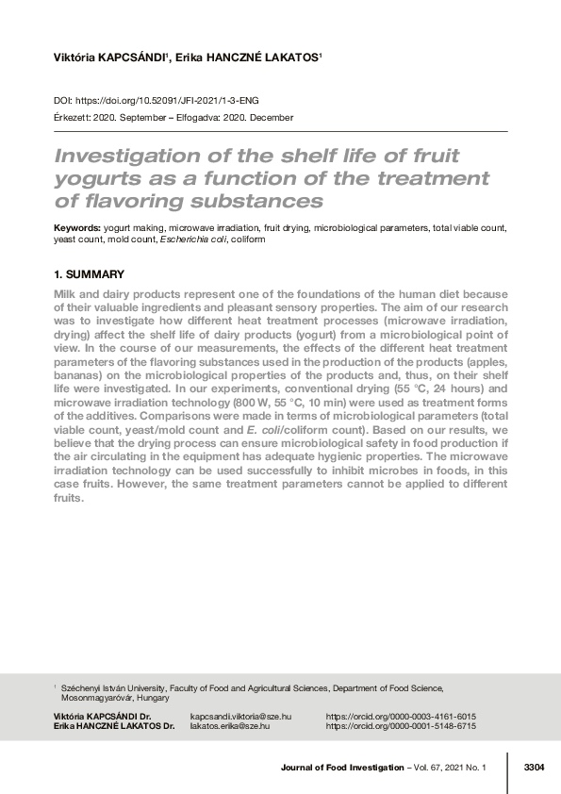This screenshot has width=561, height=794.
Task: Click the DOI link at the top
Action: pos(172,99)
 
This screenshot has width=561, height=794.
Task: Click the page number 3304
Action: pos(534,769)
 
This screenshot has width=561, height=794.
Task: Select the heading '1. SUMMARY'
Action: pos(89,274)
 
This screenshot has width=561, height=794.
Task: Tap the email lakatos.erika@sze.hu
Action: pos(229,726)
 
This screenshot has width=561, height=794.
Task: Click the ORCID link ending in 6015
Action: pos(401,717)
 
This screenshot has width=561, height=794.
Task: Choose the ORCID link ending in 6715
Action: pos(401,726)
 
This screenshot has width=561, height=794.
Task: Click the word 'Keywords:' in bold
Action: pos(76,228)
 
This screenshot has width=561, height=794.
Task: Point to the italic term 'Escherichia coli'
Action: pos(191,240)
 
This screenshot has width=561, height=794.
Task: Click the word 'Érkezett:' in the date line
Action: pos(74,118)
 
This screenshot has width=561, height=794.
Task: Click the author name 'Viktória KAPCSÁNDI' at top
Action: pos(110,58)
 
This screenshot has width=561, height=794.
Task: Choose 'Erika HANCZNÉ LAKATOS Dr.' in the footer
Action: pos(114,726)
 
